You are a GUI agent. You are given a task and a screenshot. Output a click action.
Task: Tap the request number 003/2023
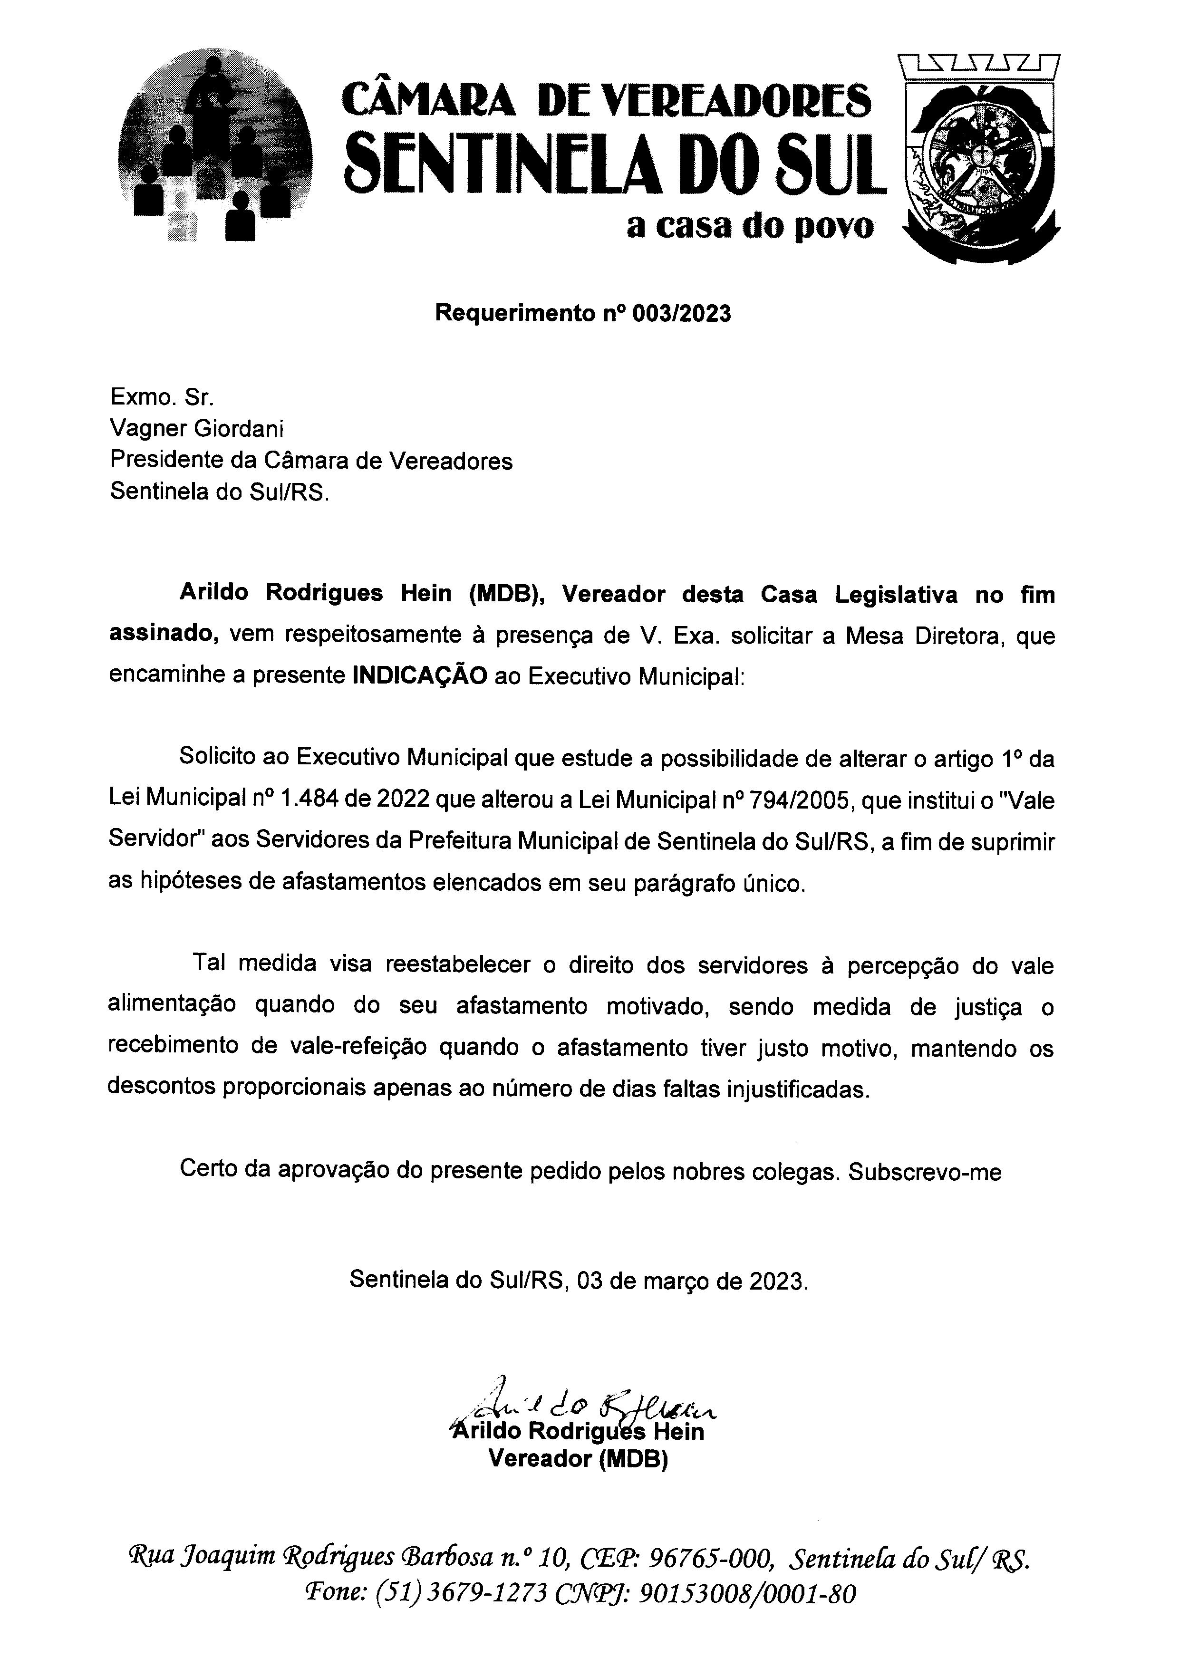[x=682, y=314]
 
